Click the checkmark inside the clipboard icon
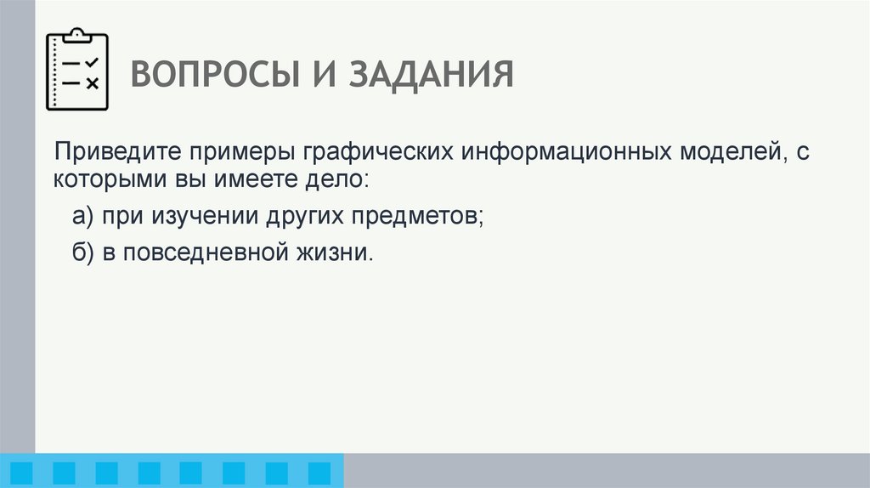coord(93,62)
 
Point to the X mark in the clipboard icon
coord(93,82)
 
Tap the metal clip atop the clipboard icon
coord(77,35)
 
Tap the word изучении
coord(205,217)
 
